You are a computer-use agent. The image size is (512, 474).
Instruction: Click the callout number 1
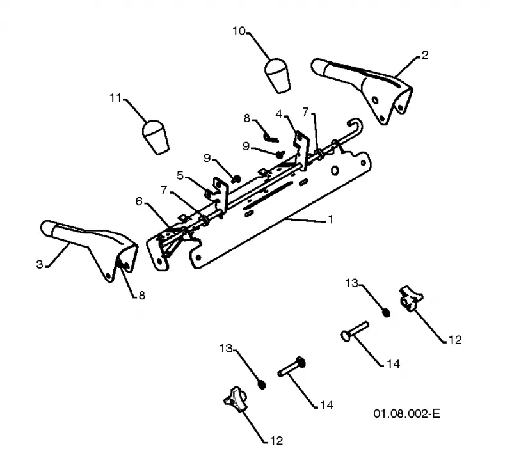[331, 219]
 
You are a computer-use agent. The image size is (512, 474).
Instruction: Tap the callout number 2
[424, 55]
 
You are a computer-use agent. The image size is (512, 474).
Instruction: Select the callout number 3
[40, 264]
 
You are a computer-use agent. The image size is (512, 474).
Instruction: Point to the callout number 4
[278, 115]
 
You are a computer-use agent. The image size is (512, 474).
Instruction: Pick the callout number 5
[180, 176]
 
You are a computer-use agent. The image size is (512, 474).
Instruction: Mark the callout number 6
[139, 201]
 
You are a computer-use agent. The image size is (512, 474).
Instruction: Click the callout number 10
[239, 31]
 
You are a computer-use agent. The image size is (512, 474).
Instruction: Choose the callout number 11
[115, 98]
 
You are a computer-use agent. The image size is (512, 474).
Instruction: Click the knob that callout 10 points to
[277, 75]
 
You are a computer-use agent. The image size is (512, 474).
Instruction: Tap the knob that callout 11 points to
[156, 137]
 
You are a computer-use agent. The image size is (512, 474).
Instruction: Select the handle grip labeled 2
[362, 89]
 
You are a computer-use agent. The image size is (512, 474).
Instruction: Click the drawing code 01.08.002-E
[406, 414]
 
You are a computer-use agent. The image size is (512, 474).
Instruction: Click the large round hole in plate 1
[334, 170]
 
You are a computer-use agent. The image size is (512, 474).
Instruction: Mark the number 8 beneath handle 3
[141, 296]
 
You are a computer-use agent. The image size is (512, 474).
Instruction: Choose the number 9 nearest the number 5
[207, 158]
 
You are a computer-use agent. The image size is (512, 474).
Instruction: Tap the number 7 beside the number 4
[305, 112]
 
